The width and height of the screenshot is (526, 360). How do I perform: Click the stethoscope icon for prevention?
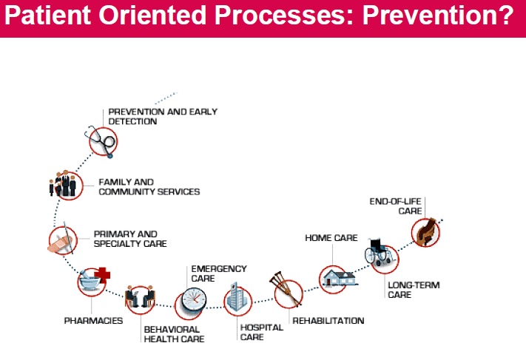tap(103, 140)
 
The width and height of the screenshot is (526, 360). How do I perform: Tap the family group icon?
tap(64, 185)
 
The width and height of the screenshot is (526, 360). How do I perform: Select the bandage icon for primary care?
tap(62, 241)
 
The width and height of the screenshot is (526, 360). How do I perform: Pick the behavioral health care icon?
tap(141, 298)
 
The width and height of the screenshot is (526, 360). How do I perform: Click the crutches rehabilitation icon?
tap(288, 292)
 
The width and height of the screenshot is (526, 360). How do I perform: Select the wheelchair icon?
tap(380, 255)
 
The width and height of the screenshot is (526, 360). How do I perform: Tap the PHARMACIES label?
tap(93, 321)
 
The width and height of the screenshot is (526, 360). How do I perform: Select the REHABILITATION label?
tap(328, 321)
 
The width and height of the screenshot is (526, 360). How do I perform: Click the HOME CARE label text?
tap(331, 238)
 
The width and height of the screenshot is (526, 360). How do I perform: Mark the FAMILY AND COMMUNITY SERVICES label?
tap(149, 186)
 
